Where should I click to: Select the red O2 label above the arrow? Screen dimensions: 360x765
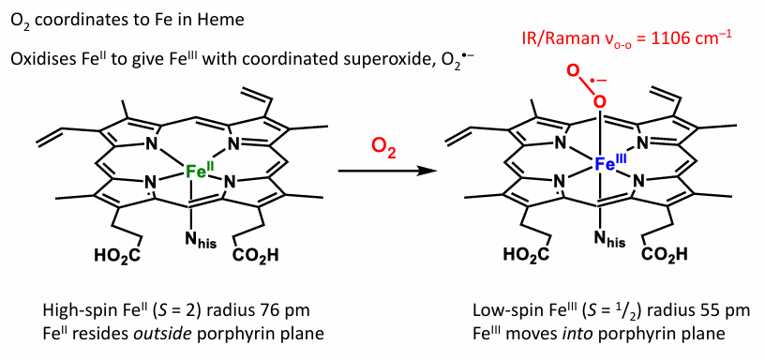coord(383,146)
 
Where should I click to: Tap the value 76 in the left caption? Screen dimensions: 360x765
coord(238,310)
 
